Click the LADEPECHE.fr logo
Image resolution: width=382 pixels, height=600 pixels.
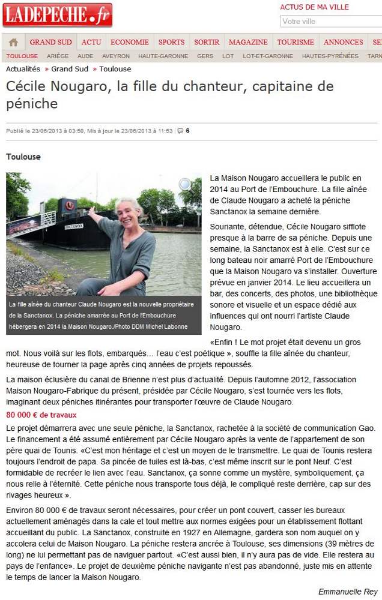pyautogui.click(x=57, y=15)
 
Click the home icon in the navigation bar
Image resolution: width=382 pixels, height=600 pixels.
pyautogui.click(x=13, y=42)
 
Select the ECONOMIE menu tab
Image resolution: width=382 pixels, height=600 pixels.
pyautogui.click(x=130, y=42)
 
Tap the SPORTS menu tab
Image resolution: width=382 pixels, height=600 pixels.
pyautogui.click(x=171, y=42)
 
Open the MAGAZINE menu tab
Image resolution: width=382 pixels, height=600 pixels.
pyautogui.click(x=248, y=42)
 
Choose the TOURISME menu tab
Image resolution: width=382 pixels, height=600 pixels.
pyautogui.click(x=296, y=42)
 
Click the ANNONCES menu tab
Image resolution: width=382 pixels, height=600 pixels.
pyautogui.click(x=343, y=42)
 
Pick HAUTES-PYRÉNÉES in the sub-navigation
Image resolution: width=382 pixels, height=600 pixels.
pyautogui.click(x=330, y=56)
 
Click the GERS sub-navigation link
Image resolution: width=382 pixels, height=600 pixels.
pyautogui.click(x=205, y=56)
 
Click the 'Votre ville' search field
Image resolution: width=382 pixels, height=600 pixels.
pyautogui.click(x=330, y=22)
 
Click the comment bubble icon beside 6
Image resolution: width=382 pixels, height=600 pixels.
pyautogui.click(x=180, y=131)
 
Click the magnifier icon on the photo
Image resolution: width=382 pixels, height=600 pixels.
pyautogui.click(x=186, y=184)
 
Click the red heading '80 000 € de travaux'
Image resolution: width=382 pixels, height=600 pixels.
pyautogui.click(x=41, y=415)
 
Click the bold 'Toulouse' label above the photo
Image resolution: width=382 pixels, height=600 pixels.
pyautogui.click(x=23, y=157)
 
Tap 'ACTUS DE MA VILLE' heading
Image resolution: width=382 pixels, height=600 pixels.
pyautogui.click(x=314, y=7)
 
